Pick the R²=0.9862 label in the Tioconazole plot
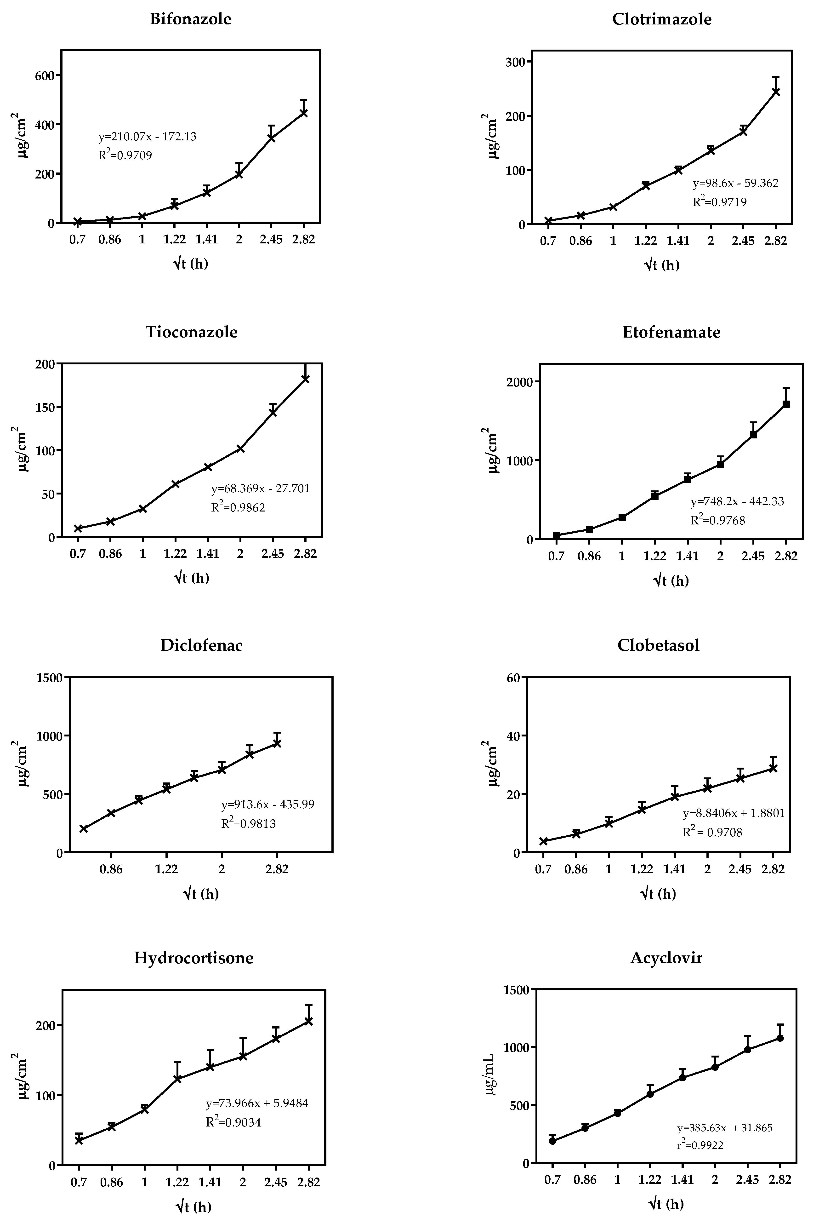pyautogui.click(x=238, y=507)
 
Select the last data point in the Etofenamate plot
pyautogui.click(x=785, y=404)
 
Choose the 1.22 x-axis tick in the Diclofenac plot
pyautogui.click(x=166, y=869)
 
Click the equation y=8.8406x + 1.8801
pyautogui.click(x=734, y=813)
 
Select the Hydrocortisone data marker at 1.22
pyautogui.click(x=177, y=1079)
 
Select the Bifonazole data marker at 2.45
pyautogui.click(x=271, y=138)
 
